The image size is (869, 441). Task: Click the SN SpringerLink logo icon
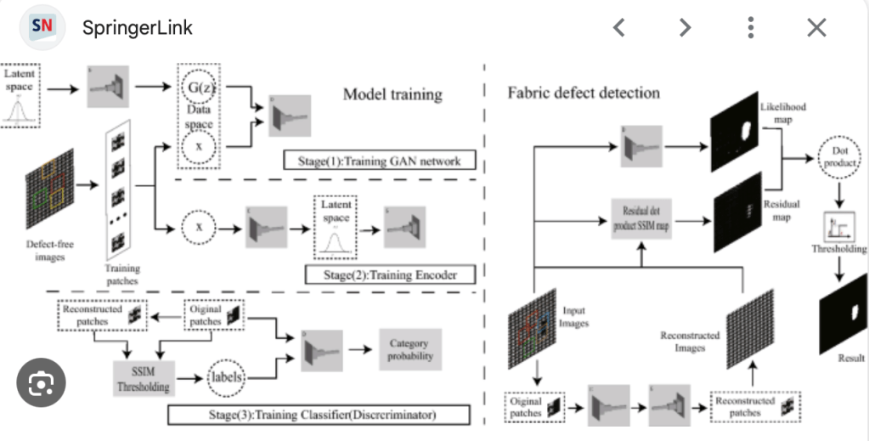[x=42, y=27]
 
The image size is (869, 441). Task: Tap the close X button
[x=816, y=27]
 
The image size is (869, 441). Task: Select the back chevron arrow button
[x=619, y=27]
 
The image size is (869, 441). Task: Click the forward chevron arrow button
[x=685, y=27]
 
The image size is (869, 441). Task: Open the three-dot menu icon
[x=751, y=27]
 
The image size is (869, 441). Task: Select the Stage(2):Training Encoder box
[x=390, y=274]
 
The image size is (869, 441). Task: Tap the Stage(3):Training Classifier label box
[x=319, y=415]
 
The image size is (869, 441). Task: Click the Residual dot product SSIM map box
[x=644, y=218]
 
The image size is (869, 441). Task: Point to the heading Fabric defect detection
[x=583, y=92]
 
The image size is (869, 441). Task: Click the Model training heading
[x=392, y=93]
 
